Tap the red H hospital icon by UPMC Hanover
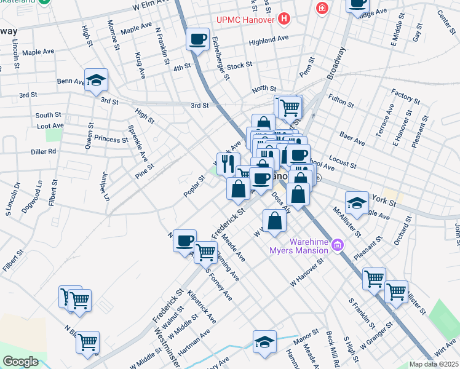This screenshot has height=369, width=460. [284, 19]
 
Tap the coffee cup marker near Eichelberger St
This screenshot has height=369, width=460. [198, 39]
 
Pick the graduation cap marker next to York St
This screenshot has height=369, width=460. [357, 202]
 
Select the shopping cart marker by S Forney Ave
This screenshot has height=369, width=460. [205, 251]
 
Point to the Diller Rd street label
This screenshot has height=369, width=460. [44, 151]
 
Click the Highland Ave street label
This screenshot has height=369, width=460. [269, 41]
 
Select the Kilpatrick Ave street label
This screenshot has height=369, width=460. [202, 307]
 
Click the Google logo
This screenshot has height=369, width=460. [20, 361]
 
